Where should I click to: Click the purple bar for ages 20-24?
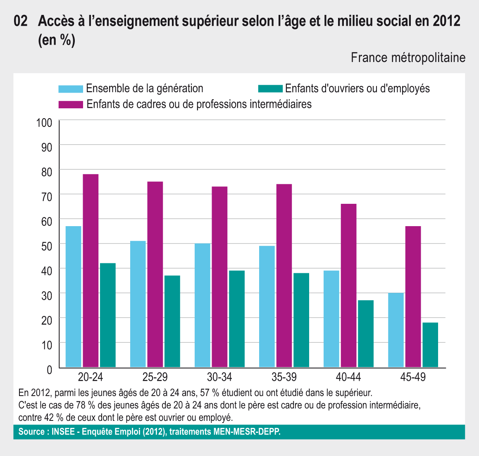[91, 271]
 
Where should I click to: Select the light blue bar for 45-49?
[396, 330]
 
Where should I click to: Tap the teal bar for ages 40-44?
[366, 334]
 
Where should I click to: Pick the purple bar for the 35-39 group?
[284, 276]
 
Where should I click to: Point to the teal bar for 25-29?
[172, 321]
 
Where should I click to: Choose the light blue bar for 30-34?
[203, 305]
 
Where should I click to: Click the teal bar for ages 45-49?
[430, 345]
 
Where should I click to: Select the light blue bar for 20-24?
[74, 296]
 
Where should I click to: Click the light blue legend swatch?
[71, 89]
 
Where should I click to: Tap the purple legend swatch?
[71, 104]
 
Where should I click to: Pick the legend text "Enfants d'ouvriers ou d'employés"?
[357, 88]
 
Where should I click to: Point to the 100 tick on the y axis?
[44, 123]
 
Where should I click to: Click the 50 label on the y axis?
[47, 246]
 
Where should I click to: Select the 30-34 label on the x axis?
[219, 377]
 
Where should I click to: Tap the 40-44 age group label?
[348, 377]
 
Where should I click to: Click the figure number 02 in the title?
[21, 21]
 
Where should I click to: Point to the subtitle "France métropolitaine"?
[408, 58]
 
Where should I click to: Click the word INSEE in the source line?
[63, 432]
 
